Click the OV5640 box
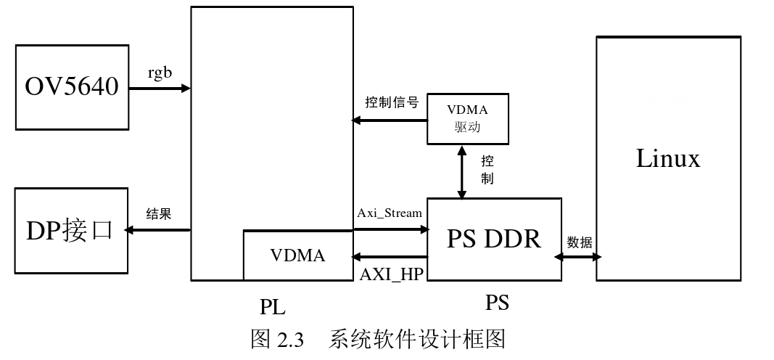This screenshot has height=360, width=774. [72, 88]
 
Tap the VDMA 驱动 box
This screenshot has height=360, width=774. [467, 118]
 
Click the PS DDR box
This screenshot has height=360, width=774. [493, 238]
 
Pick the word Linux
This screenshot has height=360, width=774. [668, 158]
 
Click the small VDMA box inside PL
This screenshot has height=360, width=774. [297, 255]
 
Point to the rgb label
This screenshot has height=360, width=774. [160, 74]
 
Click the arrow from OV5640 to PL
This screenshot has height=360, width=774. [160, 89]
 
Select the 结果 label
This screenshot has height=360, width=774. [159, 214]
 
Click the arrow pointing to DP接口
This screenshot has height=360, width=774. [157, 230]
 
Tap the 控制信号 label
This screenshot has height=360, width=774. [392, 102]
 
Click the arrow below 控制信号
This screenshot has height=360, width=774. [390, 120]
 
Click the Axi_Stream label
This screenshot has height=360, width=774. [390, 213]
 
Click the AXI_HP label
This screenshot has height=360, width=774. [392, 274]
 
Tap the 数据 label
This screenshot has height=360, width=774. [580, 242]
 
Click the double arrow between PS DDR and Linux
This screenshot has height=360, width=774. [579, 256]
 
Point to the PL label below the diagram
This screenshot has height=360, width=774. [273, 307]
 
